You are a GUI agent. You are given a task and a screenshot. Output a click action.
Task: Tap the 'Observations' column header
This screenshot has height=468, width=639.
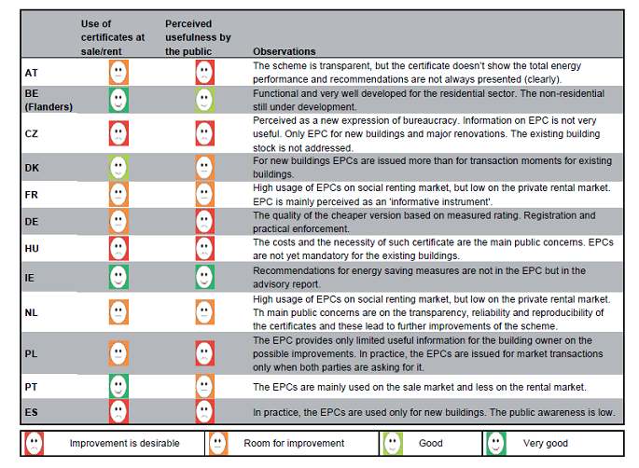point(284,51)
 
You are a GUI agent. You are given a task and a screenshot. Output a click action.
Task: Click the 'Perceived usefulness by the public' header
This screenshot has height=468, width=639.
point(198,36)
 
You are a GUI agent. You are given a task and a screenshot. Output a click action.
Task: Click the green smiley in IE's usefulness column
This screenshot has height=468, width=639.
point(203,277)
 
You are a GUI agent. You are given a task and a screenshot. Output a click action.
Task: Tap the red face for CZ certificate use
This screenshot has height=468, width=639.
point(118,133)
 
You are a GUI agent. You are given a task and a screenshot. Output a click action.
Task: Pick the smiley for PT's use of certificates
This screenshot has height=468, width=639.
point(118,386)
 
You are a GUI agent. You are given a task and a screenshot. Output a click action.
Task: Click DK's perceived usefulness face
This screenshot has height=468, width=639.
point(203,168)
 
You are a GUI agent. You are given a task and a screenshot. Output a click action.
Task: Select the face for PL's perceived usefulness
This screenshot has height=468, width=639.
point(203,353)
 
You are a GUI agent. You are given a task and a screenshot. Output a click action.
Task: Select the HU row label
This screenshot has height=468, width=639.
point(30,249)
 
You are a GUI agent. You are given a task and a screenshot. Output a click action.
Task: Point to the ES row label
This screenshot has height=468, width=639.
point(30,411)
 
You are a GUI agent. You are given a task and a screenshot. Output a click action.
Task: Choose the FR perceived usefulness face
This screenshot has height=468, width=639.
point(203,195)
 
